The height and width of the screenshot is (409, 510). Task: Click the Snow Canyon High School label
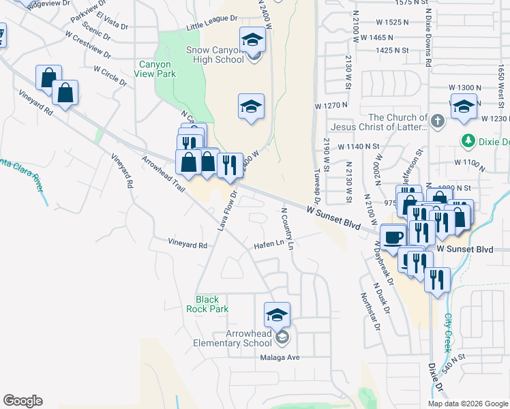click(215, 55)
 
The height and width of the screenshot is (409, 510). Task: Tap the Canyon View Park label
click(157, 70)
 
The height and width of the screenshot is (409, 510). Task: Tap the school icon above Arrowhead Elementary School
click(277, 315)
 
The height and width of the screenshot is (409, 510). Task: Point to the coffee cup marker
click(393, 237)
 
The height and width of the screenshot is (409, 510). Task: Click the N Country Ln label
click(286, 226)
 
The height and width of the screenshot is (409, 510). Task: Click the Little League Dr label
click(212, 27)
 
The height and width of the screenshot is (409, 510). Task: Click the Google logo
click(22, 401)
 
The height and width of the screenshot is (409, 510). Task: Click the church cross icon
click(438, 121)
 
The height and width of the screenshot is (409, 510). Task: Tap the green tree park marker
click(468, 141)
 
